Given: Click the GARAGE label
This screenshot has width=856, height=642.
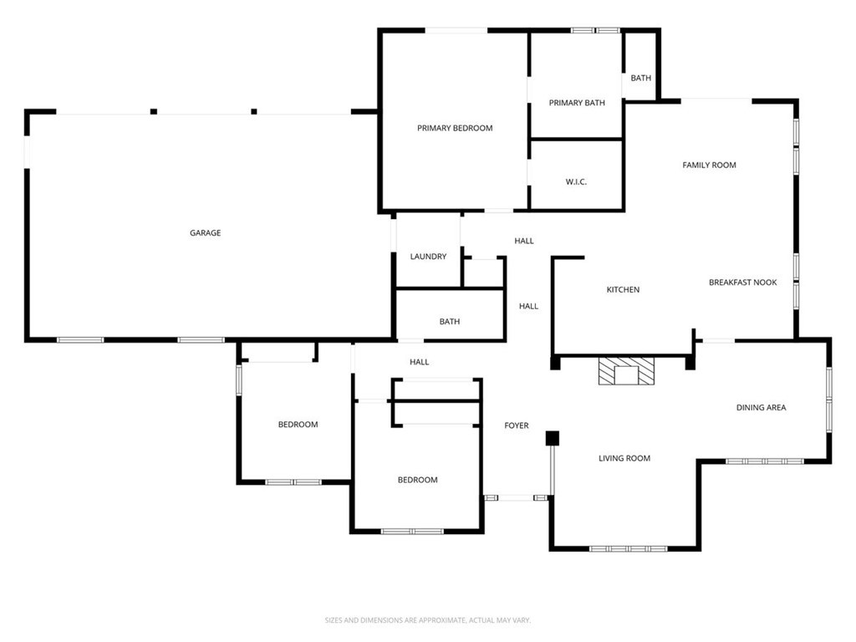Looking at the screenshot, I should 205,233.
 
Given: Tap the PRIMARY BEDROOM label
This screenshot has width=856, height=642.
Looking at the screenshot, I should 455,128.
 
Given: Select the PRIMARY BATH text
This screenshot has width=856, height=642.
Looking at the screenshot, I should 577,103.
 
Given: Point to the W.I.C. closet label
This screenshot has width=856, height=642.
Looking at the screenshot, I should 576,181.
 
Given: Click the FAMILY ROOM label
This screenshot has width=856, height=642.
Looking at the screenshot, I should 709,165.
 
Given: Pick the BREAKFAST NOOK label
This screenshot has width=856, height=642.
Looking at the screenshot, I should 742,283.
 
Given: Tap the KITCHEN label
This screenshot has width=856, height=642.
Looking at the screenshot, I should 623,289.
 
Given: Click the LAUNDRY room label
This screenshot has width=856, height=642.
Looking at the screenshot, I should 428,257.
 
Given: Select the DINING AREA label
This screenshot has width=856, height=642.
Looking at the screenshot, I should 761,408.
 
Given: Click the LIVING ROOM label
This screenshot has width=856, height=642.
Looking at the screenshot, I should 624,458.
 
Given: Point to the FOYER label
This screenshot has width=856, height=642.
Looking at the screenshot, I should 516,425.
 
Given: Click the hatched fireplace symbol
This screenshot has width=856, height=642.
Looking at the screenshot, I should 625,371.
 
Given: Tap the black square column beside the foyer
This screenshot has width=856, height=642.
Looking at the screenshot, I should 552,438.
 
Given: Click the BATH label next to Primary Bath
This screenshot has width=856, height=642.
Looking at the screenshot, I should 641,78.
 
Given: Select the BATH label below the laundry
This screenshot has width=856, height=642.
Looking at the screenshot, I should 450,321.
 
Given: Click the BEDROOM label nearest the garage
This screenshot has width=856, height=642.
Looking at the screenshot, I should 298,425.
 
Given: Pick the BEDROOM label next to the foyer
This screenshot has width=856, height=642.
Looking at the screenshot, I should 417,480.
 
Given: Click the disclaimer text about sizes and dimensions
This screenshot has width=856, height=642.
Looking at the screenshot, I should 428,620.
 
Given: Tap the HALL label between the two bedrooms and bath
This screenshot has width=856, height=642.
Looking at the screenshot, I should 419,362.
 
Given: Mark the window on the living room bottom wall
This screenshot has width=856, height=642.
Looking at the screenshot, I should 629,548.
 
